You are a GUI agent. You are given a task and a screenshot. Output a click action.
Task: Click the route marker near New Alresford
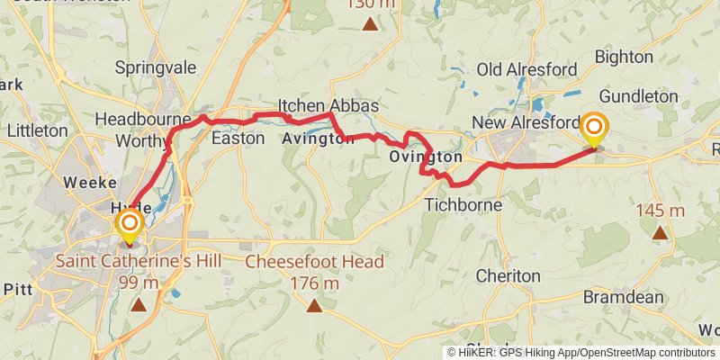pyautogui.click(x=594, y=129)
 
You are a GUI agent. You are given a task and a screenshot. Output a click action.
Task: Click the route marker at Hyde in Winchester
pyautogui.click(x=130, y=223)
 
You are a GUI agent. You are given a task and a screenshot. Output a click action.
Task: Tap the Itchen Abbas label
pyautogui.click(x=328, y=104)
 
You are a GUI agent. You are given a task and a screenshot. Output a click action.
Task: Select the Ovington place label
pyautogui.click(x=426, y=157)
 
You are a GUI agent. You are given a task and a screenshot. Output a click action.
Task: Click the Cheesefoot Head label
pyautogui.click(x=314, y=262)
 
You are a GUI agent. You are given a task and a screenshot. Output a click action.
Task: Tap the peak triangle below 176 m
pyautogui.click(x=314, y=306)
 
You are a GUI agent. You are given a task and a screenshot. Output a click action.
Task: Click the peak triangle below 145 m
pyautogui.click(x=660, y=233)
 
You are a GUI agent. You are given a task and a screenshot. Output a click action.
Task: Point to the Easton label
pyautogui.click(x=238, y=139)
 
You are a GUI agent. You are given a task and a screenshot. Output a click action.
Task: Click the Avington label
pyautogui.click(x=318, y=139)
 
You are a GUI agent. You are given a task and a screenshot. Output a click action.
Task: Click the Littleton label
pyautogui.click(x=37, y=130)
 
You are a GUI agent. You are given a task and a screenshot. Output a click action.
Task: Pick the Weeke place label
pyautogui.click(x=87, y=183)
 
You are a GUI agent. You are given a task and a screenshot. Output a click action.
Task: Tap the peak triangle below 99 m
pyautogui.click(x=138, y=306)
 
